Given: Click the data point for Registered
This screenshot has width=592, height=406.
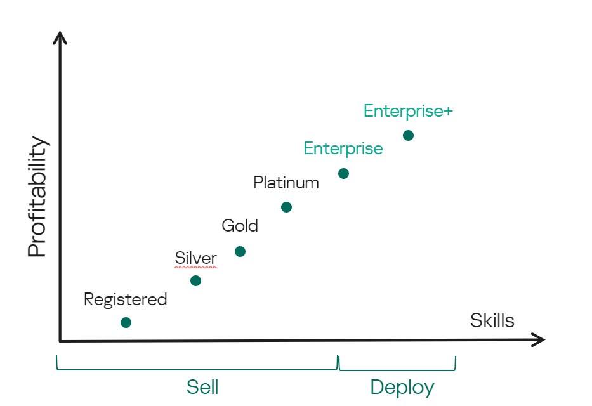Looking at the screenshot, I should point(126,322).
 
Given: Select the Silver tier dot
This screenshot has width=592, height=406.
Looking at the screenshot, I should point(195,280).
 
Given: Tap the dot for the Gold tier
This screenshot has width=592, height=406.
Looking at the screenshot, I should point(240,251).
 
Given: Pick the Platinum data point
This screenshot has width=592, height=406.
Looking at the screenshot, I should point(286,207).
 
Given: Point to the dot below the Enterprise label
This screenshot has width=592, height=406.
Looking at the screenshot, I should point(343,173).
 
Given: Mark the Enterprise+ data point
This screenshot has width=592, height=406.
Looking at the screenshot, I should point(408,135).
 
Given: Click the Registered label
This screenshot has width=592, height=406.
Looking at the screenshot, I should point(125,299).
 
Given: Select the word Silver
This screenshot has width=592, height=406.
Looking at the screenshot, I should point(195,258).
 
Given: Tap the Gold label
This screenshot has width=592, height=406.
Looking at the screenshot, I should point(240,225).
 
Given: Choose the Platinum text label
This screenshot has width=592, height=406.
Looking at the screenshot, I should point(286,183).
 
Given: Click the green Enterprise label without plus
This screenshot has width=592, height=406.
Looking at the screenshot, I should point(343,148).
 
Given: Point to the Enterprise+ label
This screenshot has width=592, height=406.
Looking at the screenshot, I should point(407,111).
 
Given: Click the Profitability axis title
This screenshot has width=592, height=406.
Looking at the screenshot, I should point(37,197).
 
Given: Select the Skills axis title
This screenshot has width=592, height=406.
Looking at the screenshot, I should point(492,320).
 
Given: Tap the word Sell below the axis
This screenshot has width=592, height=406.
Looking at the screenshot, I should point(202,387).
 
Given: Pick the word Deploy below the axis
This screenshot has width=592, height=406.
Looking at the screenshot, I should point(402,387).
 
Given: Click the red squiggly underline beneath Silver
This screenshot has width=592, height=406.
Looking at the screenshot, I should point(195,268).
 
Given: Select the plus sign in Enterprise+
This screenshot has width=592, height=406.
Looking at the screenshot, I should point(447,112).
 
